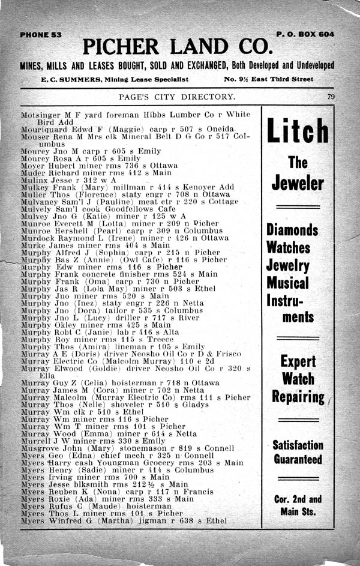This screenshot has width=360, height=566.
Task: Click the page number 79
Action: [331, 97]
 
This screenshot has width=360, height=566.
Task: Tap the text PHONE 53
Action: [41, 35]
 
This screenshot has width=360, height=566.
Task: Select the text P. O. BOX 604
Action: [305, 34]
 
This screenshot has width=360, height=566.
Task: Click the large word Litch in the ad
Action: [298, 131]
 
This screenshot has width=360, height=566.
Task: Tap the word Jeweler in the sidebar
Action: [298, 183]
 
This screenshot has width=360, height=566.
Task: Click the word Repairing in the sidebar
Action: [298, 397]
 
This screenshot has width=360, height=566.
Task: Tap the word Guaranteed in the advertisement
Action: [298, 460]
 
